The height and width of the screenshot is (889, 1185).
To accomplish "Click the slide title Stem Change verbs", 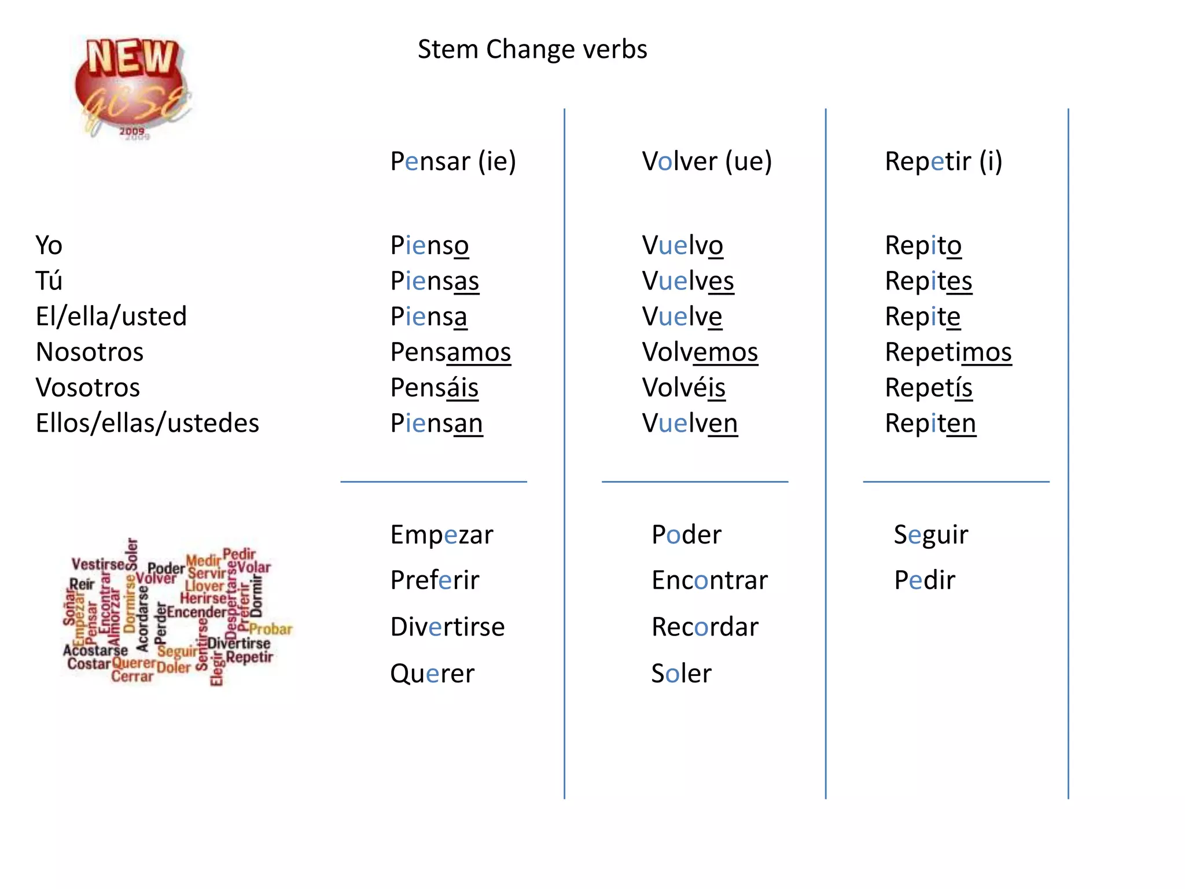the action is (x=532, y=50).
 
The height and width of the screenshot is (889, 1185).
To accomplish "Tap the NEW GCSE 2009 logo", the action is (x=133, y=87).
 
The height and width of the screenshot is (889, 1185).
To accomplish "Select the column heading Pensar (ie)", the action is (x=452, y=161).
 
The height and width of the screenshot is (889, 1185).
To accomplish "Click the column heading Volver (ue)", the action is (x=706, y=161).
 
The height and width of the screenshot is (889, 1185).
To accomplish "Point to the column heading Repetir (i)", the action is (x=943, y=161).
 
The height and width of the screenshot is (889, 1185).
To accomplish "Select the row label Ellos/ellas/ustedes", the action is (x=147, y=424).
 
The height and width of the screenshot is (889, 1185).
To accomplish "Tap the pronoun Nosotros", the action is (x=89, y=352).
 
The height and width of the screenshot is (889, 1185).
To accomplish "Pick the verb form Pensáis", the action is (x=434, y=388).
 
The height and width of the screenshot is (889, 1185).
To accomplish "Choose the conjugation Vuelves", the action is (x=687, y=281).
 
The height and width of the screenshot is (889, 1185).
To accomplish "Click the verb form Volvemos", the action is (x=700, y=352).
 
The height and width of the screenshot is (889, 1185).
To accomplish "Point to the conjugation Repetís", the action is (x=928, y=388).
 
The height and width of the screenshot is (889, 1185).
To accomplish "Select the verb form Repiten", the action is (x=930, y=424).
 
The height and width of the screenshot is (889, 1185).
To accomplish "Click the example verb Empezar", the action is (x=441, y=535).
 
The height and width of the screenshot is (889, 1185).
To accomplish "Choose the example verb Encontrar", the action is (x=709, y=581).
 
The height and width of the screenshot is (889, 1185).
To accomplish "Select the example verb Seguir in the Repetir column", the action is (x=930, y=535).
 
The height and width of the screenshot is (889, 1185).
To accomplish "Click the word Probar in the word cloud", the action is (x=271, y=629).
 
